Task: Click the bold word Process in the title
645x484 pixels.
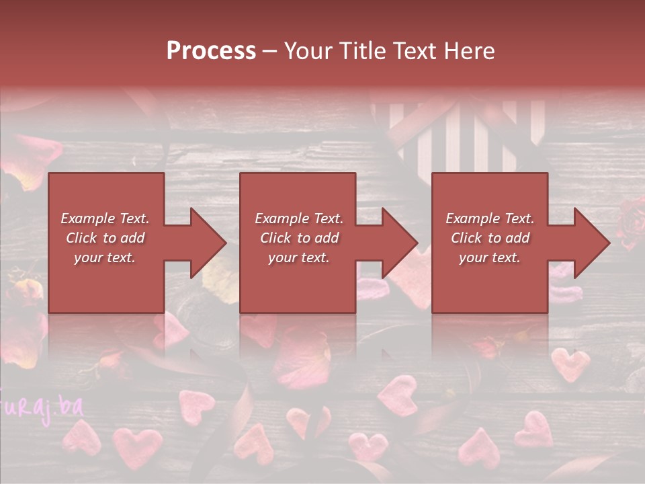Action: (x=211, y=50)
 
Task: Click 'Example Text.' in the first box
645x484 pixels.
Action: (x=105, y=218)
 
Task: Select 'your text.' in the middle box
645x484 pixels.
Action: (x=298, y=257)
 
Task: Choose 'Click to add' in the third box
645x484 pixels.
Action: (x=490, y=238)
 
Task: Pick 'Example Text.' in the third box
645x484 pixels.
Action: (x=490, y=218)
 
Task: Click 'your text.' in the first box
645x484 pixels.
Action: (x=105, y=257)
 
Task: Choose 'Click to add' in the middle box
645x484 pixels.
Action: (x=299, y=238)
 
